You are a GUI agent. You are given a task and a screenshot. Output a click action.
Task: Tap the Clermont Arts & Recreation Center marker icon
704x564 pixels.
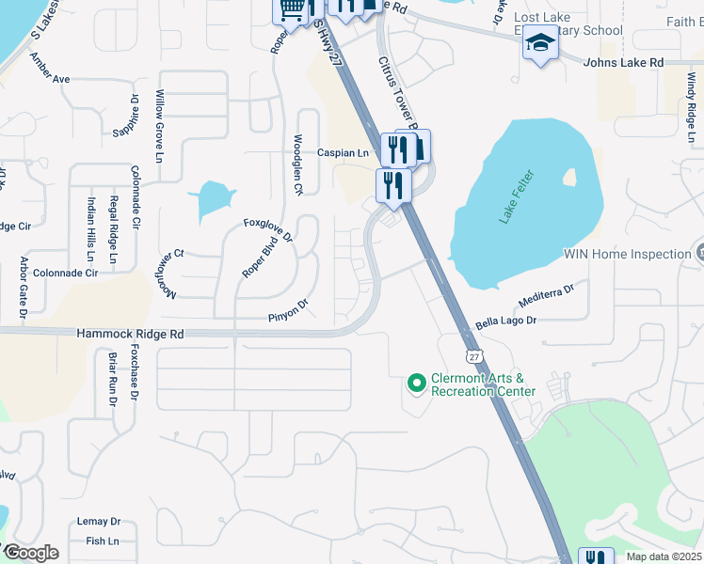pos(415,383)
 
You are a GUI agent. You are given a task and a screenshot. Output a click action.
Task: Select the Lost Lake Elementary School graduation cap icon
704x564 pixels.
pos(540,43)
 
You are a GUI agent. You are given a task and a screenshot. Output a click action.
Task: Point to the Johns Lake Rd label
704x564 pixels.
pos(623,62)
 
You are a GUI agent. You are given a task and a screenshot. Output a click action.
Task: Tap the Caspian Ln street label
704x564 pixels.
pos(342,152)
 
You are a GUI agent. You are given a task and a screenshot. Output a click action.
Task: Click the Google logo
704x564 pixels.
pos(30,553)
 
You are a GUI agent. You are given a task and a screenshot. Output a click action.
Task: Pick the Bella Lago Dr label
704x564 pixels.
pos(505,321)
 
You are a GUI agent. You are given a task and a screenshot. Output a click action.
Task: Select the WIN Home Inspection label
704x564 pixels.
pos(627,254)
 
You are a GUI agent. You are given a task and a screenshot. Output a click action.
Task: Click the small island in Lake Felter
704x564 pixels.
pos(568,176)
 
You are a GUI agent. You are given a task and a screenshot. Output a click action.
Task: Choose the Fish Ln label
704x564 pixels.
pos(103,540)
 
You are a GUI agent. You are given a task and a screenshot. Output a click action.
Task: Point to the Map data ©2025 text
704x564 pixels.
pos(664,556)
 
